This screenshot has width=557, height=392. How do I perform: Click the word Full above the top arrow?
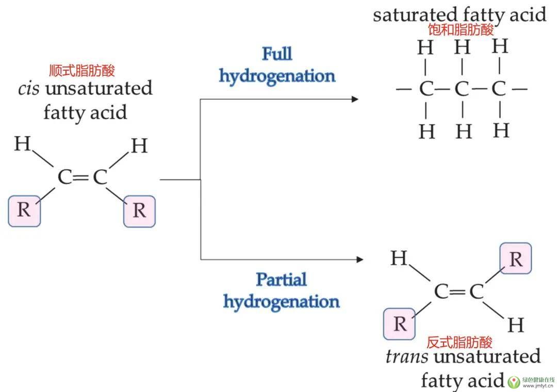point(277,54)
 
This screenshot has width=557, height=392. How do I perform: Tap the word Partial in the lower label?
point(281,280)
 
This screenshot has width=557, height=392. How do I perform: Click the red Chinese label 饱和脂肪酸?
point(461,30)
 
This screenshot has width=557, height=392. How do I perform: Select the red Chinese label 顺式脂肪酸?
point(81,71)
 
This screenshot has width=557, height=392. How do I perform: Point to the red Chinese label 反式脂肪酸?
point(459,341)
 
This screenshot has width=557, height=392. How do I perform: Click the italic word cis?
point(28,88)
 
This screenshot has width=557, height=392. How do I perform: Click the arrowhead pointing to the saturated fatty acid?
point(354,99)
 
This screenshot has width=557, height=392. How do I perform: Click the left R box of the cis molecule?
point(24,211)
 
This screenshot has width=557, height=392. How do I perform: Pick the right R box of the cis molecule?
point(139,211)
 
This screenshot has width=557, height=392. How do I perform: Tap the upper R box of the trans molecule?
point(515,258)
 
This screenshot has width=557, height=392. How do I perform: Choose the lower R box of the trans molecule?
point(400,324)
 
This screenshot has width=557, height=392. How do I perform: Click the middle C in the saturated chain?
point(462,90)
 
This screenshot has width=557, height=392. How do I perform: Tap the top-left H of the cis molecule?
point(22,143)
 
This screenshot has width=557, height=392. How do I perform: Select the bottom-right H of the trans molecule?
point(515,325)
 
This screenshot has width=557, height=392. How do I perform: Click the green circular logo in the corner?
point(513,382)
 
